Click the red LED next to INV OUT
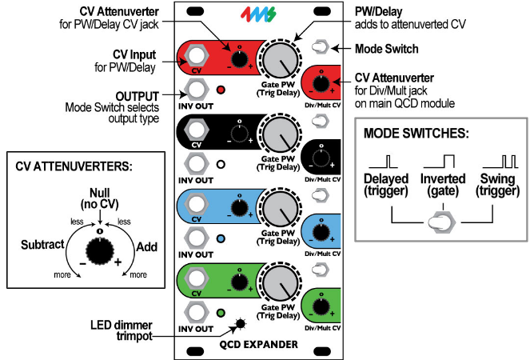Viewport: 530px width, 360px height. pos(220,90)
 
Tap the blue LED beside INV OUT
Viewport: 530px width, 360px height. pos(220,238)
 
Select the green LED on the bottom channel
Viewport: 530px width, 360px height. pos(220,313)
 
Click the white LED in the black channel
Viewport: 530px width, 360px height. pos(220,164)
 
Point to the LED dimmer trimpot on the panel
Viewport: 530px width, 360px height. pos(239,324)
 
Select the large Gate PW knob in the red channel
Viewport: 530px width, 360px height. pos(279,60)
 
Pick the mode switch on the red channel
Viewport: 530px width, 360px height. pos(319,47)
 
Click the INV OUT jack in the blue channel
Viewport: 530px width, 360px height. pos(195,238)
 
